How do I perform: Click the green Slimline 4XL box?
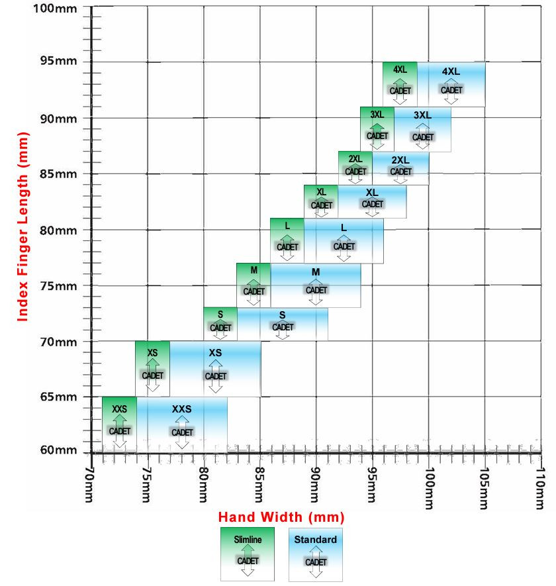pos(400,84)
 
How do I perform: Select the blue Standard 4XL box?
pos(451,84)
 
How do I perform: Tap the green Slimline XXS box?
pos(119,424)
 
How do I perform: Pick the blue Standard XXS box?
pos(182,424)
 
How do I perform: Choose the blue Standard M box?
pos(316,285)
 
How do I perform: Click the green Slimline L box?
pos(287,240)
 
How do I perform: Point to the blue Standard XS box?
pos(215,369)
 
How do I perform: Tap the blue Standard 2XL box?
pos(400,168)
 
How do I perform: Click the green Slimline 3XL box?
pos(377,129)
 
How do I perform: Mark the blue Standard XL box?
pos(372,202)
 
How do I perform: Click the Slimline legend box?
pos(248,554)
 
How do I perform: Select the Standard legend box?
pos(316,554)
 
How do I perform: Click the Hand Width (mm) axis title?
pos(281,516)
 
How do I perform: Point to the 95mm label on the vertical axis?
pos(58,62)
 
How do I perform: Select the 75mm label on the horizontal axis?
pos(148,483)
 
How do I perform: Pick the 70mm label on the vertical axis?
pos(58,342)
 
